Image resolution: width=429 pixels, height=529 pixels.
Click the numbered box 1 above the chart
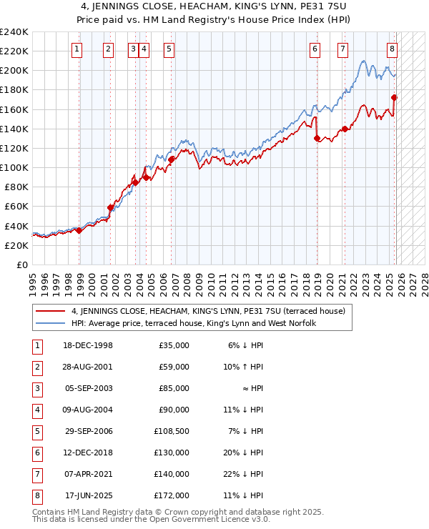click(77, 49)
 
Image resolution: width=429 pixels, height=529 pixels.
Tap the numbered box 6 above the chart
click(315, 49)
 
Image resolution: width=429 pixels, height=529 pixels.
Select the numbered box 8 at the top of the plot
click(393, 49)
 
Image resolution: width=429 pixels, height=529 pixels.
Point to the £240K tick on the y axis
click(14, 32)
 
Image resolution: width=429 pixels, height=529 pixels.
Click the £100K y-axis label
click(14, 167)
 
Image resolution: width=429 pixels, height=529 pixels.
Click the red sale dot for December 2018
click(317, 139)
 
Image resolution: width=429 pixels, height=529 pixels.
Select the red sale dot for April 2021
click(344, 129)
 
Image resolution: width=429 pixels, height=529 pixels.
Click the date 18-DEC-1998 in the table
click(88, 345)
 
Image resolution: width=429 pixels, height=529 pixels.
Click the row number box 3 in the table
click(36, 388)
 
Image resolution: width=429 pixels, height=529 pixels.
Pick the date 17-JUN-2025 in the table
click(88, 495)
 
